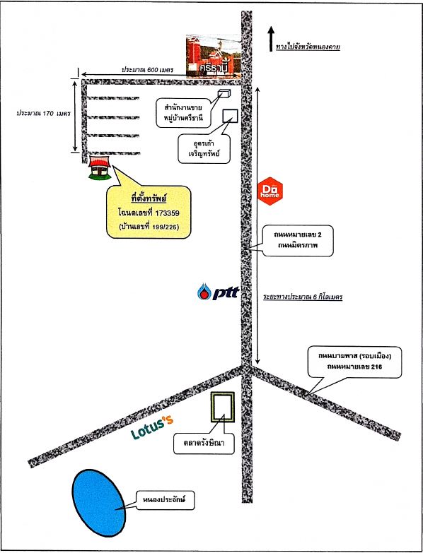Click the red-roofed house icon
[x=100, y=168]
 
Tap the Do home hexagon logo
[x=270, y=191]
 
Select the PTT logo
[x=218, y=292]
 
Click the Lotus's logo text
[x=153, y=427]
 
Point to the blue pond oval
[x=99, y=503]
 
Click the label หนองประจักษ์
[x=165, y=499]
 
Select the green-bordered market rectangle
[x=222, y=407]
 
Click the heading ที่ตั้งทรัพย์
[x=149, y=199]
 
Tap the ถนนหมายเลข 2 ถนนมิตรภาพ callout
[x=298, y=241]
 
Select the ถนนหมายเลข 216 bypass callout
[x=354, y=362]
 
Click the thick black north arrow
[x=271, y=39]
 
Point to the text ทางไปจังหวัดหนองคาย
[x=308, y=47]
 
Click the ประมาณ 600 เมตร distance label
[x=148, y=69]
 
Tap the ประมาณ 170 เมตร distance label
[x=43, y=114]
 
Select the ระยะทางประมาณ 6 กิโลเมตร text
[x=303, y=297]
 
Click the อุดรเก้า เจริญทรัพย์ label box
[x=204, y=148]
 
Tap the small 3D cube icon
[x=224, y=94]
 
